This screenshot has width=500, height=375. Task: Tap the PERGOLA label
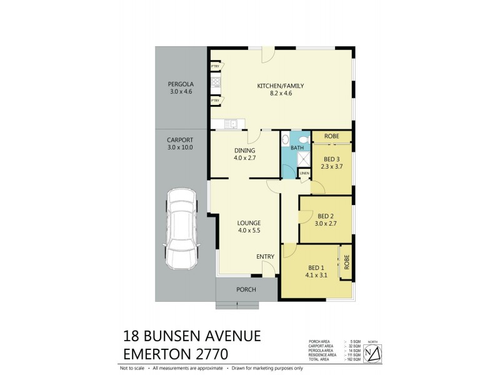coord(179,84)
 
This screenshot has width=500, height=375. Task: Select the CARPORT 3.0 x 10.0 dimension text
coord(180,147)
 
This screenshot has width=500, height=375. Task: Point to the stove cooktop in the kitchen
coord(215,82)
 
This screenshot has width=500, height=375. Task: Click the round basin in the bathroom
coord(286,140)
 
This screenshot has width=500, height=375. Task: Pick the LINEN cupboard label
coord(304,173)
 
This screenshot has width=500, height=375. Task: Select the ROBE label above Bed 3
coord(331,136)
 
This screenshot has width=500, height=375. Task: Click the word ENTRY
coord(265,256)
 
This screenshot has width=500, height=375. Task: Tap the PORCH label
coord(246,289)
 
